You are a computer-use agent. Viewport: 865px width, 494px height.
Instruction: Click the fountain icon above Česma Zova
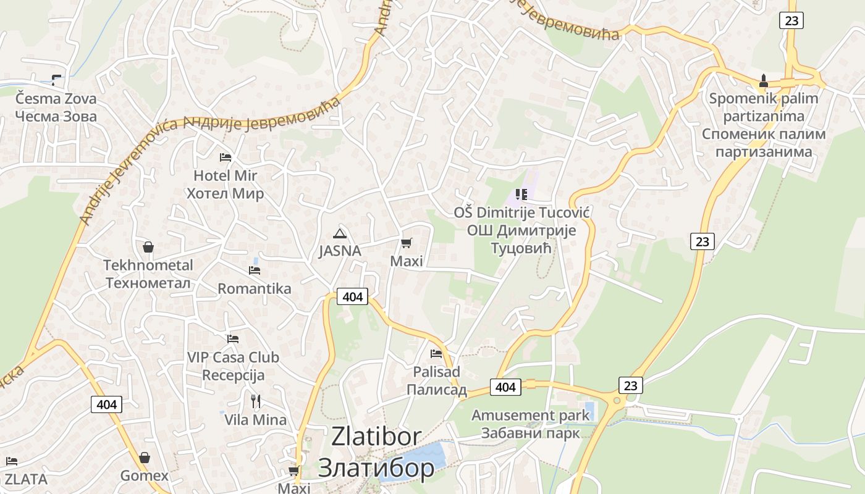[x=56, y=80]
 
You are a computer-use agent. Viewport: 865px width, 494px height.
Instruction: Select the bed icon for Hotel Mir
[x=226, y=157]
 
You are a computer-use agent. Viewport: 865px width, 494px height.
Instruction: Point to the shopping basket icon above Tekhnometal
[x=148, y=247]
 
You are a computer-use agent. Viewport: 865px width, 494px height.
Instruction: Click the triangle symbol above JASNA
[x=339, y=233]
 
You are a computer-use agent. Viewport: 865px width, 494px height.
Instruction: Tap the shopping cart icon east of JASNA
[x=406, y=243]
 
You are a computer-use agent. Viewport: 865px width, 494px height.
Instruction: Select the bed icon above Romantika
[x=254, y=270]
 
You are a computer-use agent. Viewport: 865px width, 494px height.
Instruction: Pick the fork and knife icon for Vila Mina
[x=255, y=401]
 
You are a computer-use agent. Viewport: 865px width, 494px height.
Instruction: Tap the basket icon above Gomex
[x=144, y=458]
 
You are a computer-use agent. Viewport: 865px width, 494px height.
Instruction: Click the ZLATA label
[x=25, y=479]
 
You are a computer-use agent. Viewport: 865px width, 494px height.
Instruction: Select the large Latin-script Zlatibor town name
[x=376, y=436]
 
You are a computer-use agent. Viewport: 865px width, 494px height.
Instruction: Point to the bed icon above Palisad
[x=436, y=354]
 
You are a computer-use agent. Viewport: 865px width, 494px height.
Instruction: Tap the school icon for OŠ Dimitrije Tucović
[x=521, y=195]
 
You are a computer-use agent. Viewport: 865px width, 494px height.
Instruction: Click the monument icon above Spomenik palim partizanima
[x=763, y=81]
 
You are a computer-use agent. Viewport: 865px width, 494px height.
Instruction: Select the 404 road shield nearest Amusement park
[x=505, y=387]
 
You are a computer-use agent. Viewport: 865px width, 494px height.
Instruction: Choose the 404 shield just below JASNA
[x=352, y=297]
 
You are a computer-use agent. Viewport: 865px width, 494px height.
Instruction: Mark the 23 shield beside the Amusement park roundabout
[x=630, y=385]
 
